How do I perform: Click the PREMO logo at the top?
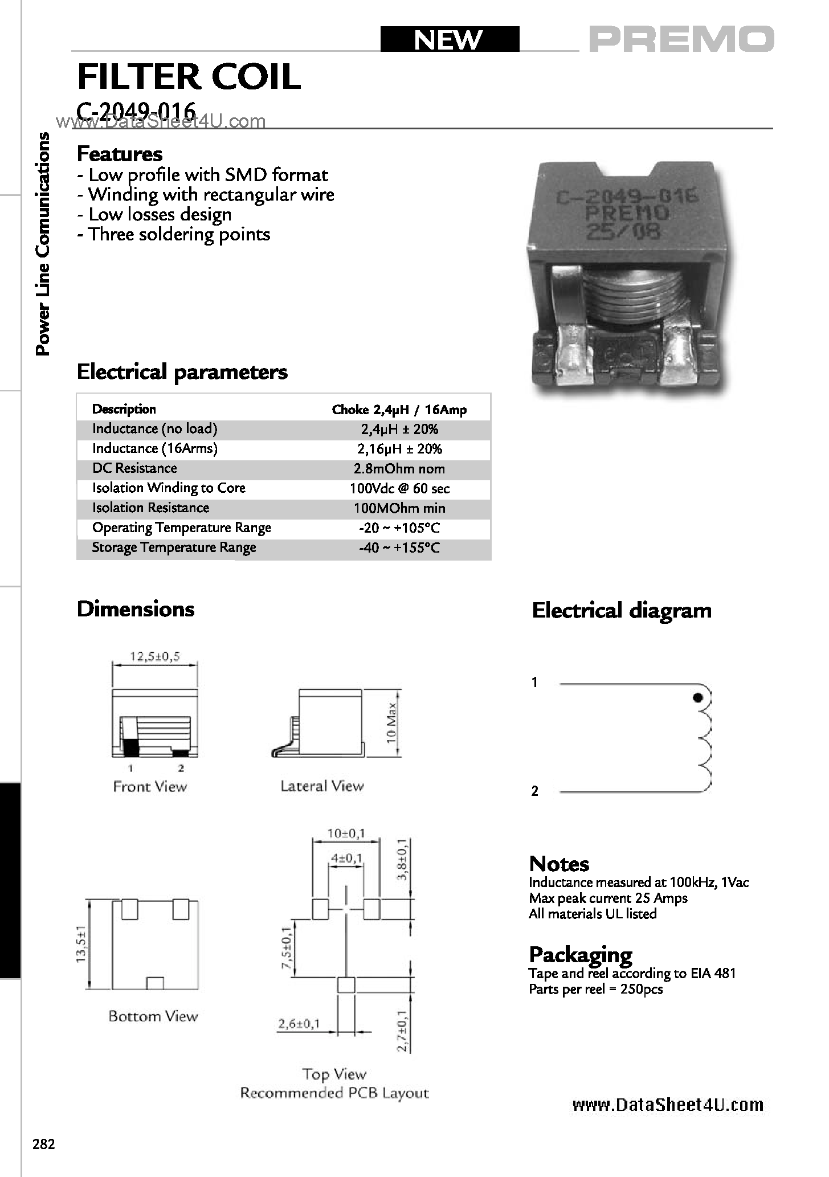coord(681,39)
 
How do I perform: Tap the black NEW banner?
coord(450,39)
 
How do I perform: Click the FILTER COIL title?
coord(189,77)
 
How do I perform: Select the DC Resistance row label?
coord(134,468)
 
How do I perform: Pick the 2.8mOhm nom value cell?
coord(399,469)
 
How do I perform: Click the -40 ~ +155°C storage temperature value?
coord(399,548)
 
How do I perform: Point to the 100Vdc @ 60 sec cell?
coord(399,489)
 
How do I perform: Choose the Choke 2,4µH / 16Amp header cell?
coord(399,410)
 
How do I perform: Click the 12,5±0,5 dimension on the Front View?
coord(155,656)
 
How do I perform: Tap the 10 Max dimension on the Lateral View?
coord(391,722)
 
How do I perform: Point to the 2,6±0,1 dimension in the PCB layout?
coord(299,1024)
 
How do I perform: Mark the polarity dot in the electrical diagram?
coord(697,697)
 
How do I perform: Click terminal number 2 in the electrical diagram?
coord(534,791)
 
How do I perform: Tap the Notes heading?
coord(559,864)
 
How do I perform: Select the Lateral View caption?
coord(322,786)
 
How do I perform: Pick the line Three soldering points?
coord(174,234)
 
